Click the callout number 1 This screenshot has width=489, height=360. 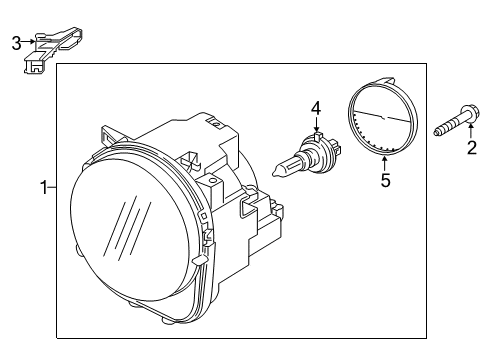[42, 187]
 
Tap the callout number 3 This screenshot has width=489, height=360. [15, 42]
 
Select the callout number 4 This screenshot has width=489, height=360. [315, 107]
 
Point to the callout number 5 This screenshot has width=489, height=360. [385, 182]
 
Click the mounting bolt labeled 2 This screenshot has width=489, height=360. [455, 127]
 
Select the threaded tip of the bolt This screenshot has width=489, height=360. [439, 131]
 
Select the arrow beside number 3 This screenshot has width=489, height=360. [29, 42]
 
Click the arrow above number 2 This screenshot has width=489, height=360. [468, 134]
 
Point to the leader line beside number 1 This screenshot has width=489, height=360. [52, 187]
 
